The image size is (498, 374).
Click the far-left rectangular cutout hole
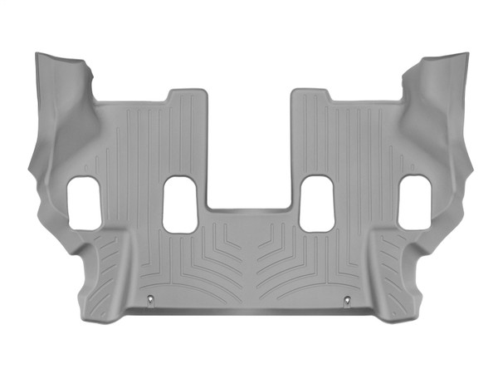point(83,203)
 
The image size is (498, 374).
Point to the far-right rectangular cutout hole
point(413,203)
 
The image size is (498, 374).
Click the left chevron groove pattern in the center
point(217,253)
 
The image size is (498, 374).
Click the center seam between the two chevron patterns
point(248,258)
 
